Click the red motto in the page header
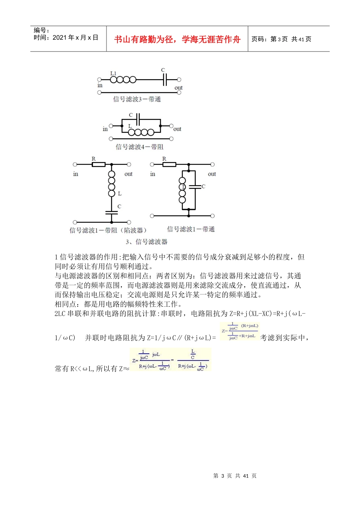pyautogui.click(x=177, y=39)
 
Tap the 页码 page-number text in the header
pyautogui.click(x=281, y=39)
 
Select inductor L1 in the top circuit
pyautogui.click(x=123, y=80)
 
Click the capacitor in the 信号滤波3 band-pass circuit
pyautogui.click(x=164, y=80)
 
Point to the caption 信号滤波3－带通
pyautogui.click(x=137, y=99)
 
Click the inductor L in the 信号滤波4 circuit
pyautogui.click(x=141, y=132)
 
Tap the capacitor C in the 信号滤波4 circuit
pyautogui.click(x=138, y=120)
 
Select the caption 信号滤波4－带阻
pyautogui.click(x=139, y=147)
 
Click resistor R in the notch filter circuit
pyautogui.click(x=99, y=164)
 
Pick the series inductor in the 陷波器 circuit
pyautogui.click(x=111, y=184)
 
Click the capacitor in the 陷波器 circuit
pyautogui.click(x=111, y=212)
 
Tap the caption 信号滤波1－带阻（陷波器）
pyautogui.click(x=108, y=230)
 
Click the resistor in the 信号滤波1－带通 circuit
pyautogui.click(x=169, y=164)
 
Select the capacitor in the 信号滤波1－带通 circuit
pyautogui.click(x=195, y=186)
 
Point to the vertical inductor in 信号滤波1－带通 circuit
pyautogui.click(x=182, y=190)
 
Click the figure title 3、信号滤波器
pyautogui.click(x=146, y=242)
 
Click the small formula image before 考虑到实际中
pyautogui.click(x=240, y=331)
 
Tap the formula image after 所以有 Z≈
pyautogui.click(x=170, y=360)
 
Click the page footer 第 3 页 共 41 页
pyautogui.click(x=235, y=476)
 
